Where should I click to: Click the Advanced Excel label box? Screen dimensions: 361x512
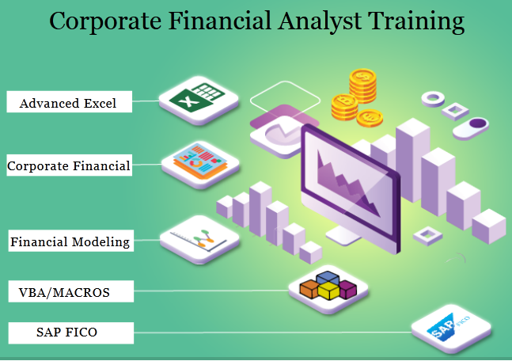(x=68, y=103)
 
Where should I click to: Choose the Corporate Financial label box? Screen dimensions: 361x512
(x=68, y=166)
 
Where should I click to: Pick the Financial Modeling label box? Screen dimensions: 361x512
(x=70, y=241)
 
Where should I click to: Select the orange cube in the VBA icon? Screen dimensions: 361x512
(x=309, y=289)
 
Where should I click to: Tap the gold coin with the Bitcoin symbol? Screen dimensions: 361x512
(x=346, y=102)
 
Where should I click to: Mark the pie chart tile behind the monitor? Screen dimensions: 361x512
(x=277, y=131)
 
